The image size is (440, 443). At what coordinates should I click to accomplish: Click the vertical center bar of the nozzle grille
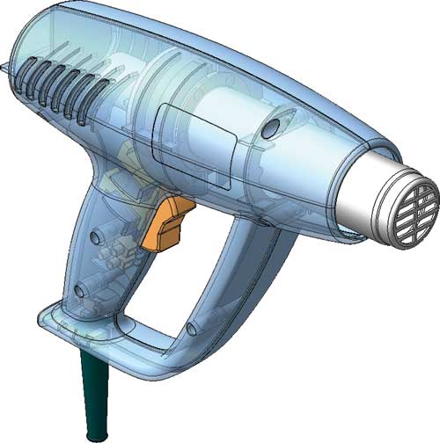click(x=408, y=205)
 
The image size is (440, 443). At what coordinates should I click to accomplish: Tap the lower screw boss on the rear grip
click(x=80, y=289)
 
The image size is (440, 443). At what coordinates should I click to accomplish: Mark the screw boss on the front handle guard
click(x=191, y=329)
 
